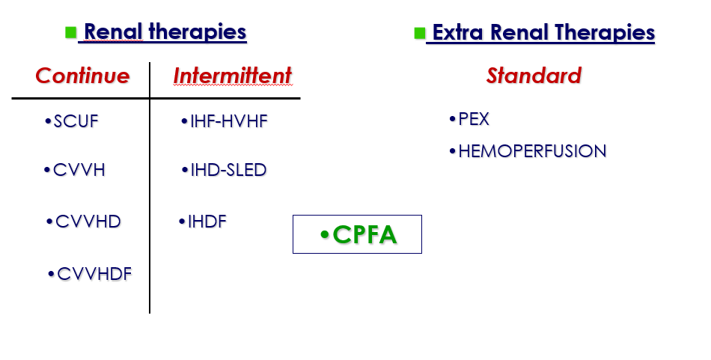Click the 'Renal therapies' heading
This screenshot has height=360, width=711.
[165, 32]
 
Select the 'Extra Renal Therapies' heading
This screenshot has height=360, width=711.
[543, 33]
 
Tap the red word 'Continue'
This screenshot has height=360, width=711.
[82, 76]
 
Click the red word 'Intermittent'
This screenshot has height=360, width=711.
[233, 76]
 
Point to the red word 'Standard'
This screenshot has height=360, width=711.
[534, 76]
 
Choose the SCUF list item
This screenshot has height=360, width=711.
[76, 121]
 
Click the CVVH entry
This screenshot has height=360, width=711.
[79, 170]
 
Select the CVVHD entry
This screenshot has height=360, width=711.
[88, 222]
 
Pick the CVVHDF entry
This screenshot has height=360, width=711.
[94, 274]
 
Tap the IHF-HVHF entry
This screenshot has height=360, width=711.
[229, 121]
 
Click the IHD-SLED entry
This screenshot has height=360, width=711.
[228, 170]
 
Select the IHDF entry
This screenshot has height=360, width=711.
[207, 222]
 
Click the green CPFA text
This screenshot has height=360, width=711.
[364, 234]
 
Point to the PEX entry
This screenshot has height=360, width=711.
[474, 119]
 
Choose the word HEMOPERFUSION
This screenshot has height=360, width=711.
[532, 151]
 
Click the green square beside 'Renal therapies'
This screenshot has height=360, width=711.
[71, 32]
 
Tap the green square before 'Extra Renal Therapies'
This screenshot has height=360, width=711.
[420, 33]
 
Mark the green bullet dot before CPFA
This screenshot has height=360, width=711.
[324, 235]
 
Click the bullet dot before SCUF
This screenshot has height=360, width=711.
[48, 121]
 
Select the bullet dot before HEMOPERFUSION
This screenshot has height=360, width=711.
[452, 151]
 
